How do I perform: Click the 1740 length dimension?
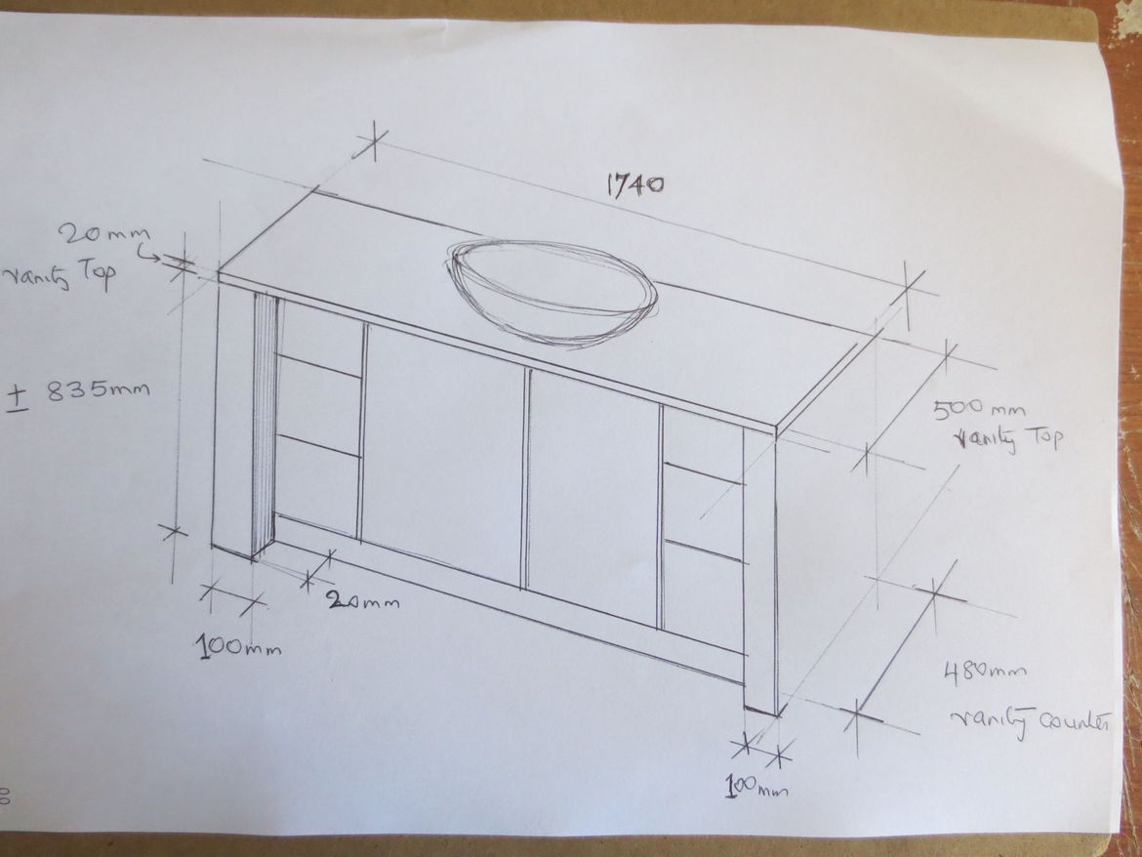635,184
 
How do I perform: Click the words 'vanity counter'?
1031,722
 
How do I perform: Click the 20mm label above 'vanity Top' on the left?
104,234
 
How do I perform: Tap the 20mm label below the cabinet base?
362,601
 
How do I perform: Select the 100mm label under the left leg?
238,646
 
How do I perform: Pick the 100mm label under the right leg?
756,787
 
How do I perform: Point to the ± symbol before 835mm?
18,398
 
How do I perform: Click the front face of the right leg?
759,568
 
